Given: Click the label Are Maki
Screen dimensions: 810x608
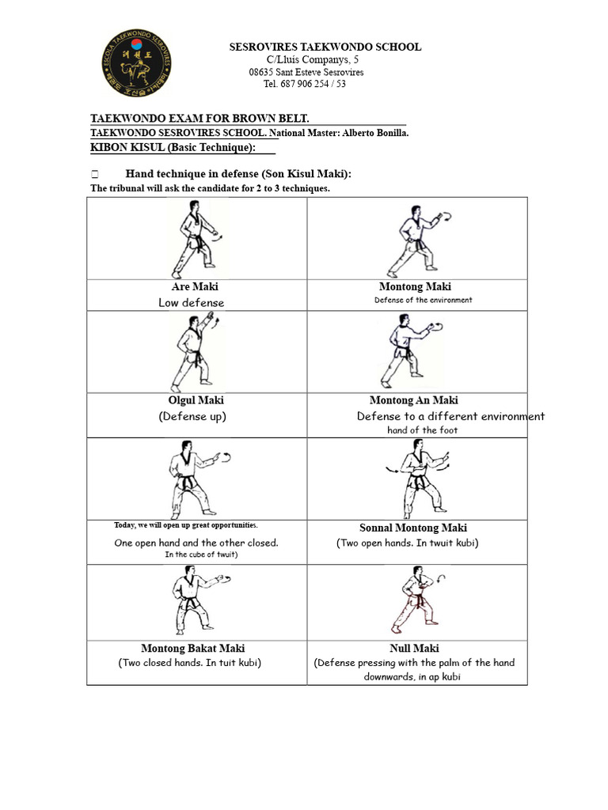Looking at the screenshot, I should click(195, 286).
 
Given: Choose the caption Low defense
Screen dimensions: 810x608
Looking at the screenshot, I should click(191, 302).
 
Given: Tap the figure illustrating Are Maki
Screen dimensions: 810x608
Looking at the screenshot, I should click(195, 238).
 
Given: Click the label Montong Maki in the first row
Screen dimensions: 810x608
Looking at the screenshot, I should click(415, 286).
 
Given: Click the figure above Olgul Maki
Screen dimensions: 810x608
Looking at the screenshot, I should click(193, 350).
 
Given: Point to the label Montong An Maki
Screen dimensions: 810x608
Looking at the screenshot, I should click(413, 400).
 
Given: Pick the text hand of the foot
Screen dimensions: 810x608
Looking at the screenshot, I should click(422, 430).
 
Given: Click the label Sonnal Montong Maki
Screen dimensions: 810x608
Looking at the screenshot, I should click(413, 528).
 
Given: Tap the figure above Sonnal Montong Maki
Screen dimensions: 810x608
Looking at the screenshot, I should click(417, 479).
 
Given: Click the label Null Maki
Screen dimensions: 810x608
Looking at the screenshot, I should click(414, 649).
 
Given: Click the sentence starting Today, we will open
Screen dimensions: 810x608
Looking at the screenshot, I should click(186, 525).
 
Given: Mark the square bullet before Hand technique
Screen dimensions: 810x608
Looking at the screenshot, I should click(94, 174).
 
